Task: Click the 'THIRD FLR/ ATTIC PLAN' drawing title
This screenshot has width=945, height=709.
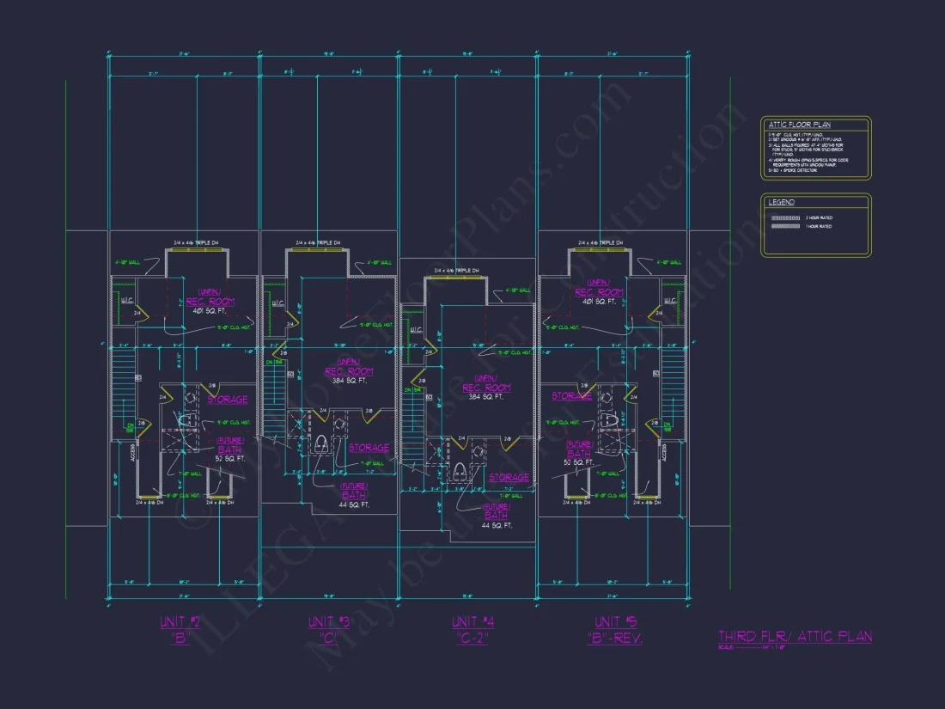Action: [795, 636]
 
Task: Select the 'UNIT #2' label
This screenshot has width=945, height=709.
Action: [180, 621]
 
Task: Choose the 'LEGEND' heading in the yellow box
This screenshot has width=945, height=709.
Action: [782, 203]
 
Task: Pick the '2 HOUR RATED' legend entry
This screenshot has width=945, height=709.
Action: [819, 218]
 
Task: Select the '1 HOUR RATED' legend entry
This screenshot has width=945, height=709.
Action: [819, 227]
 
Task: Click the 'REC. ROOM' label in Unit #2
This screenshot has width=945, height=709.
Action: [210, 302]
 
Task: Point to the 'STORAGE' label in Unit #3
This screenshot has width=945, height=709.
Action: [369, 448]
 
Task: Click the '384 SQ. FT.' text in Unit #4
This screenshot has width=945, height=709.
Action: [486, 397]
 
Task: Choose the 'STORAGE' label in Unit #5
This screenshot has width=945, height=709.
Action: [571, 396]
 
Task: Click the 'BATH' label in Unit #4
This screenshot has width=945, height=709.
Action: [497, 516]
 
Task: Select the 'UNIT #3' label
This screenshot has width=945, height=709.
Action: [329, 621]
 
